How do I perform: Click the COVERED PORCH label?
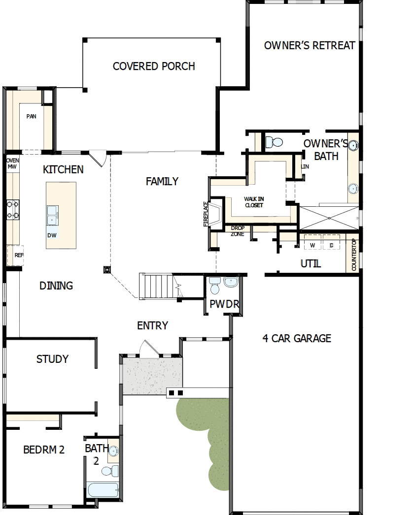click(x=154, y=66)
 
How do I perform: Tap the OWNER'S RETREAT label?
click(x=310, y=45)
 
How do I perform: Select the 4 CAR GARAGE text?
click(x=297, y=338)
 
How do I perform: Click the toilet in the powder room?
click(x=215, y=285)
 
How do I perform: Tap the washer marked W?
click(x=312, y=245)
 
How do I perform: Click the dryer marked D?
click(x=331, y=245)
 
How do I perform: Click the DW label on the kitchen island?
click(x=52, y=235)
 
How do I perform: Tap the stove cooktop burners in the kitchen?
click(x=13, y=209)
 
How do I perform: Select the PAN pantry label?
click(x=31, y=117)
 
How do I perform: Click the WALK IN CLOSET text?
click(x=254, y=202)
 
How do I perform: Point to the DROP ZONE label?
click(x=238, y=231)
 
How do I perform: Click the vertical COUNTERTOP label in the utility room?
click(x=353, y=256)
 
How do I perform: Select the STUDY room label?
click(x=52, y=359)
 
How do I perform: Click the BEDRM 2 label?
click(x=44, y=450)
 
